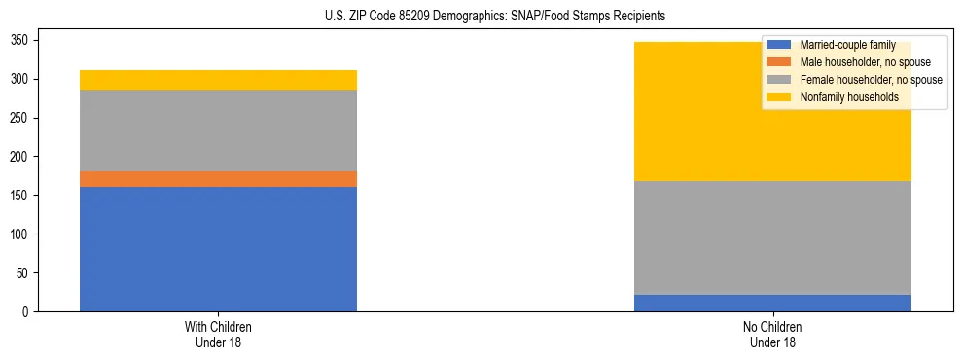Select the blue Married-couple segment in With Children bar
click(218, 249)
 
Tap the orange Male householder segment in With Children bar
click(218, 179)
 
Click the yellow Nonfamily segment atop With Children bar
click(218, 80)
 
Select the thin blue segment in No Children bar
click(772, 303)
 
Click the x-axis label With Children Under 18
click(218, 334)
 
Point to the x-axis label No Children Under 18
click(772, 334)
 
